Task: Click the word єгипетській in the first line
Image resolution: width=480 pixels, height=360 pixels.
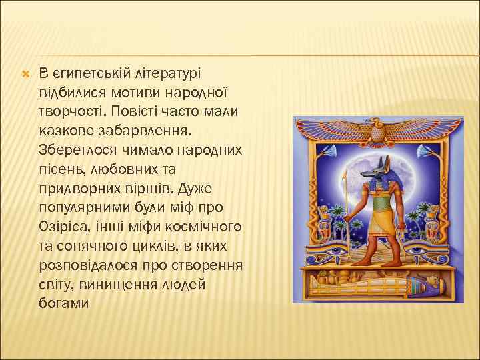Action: pyautogui.click(x=85, y=71)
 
